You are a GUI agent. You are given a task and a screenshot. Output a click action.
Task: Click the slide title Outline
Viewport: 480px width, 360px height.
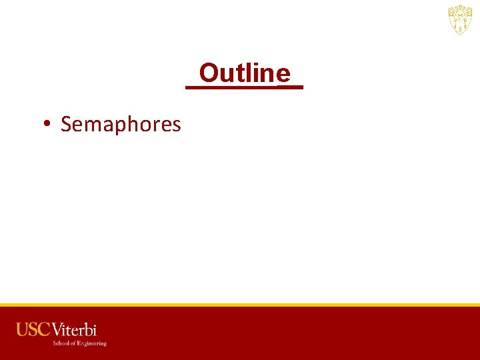click(x=245, y=73)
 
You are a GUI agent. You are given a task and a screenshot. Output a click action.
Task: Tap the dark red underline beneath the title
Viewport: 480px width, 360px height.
click(x=244, y=87)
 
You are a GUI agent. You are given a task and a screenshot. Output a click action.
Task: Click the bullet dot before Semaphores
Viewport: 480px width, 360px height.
click(x=47, y=124)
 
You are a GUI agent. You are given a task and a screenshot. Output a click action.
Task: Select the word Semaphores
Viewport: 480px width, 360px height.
click(x=121, y=125)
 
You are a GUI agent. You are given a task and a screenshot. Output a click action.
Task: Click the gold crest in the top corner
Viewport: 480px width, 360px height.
click(x=460, y=20)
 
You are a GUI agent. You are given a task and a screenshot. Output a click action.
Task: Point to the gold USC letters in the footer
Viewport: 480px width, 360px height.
click(x=33, y=329)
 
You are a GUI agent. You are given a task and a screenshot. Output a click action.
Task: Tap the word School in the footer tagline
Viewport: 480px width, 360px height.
click(x=61, y=343)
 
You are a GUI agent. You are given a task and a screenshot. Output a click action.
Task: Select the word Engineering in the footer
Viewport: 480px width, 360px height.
click(x=92, y=343)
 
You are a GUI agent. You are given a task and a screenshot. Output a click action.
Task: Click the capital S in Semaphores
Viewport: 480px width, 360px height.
click(x=66, y=124)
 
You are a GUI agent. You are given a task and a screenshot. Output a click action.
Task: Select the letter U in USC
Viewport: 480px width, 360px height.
click(x=23, y=329)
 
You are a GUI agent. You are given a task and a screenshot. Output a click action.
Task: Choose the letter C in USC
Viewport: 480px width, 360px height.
click(x=43, y=329)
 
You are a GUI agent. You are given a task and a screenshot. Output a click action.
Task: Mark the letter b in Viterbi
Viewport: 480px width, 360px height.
click(x=88, y=329)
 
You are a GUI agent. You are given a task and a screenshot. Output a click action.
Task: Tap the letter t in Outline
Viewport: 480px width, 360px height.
click(x=244, y=73)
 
